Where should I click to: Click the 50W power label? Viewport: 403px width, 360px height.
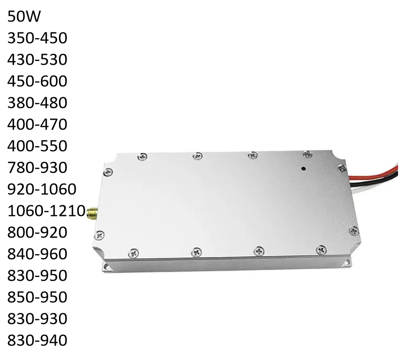[24, 17]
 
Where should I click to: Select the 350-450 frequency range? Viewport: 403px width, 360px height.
[37, 38]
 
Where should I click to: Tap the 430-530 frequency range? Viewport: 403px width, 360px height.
[37, 60]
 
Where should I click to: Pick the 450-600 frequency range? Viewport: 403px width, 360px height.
[37, 81]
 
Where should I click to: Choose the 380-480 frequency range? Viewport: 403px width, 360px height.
[37, 103]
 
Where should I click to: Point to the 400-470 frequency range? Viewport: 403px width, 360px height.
[37, 125]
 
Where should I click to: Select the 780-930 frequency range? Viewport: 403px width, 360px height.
[37, 168]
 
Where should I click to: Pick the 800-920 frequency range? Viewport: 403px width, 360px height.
[37, 233]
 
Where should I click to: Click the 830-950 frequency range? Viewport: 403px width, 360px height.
[37, 276]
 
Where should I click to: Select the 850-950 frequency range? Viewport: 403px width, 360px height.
[37, 297]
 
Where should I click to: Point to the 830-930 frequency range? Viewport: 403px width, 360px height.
[37, 319]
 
